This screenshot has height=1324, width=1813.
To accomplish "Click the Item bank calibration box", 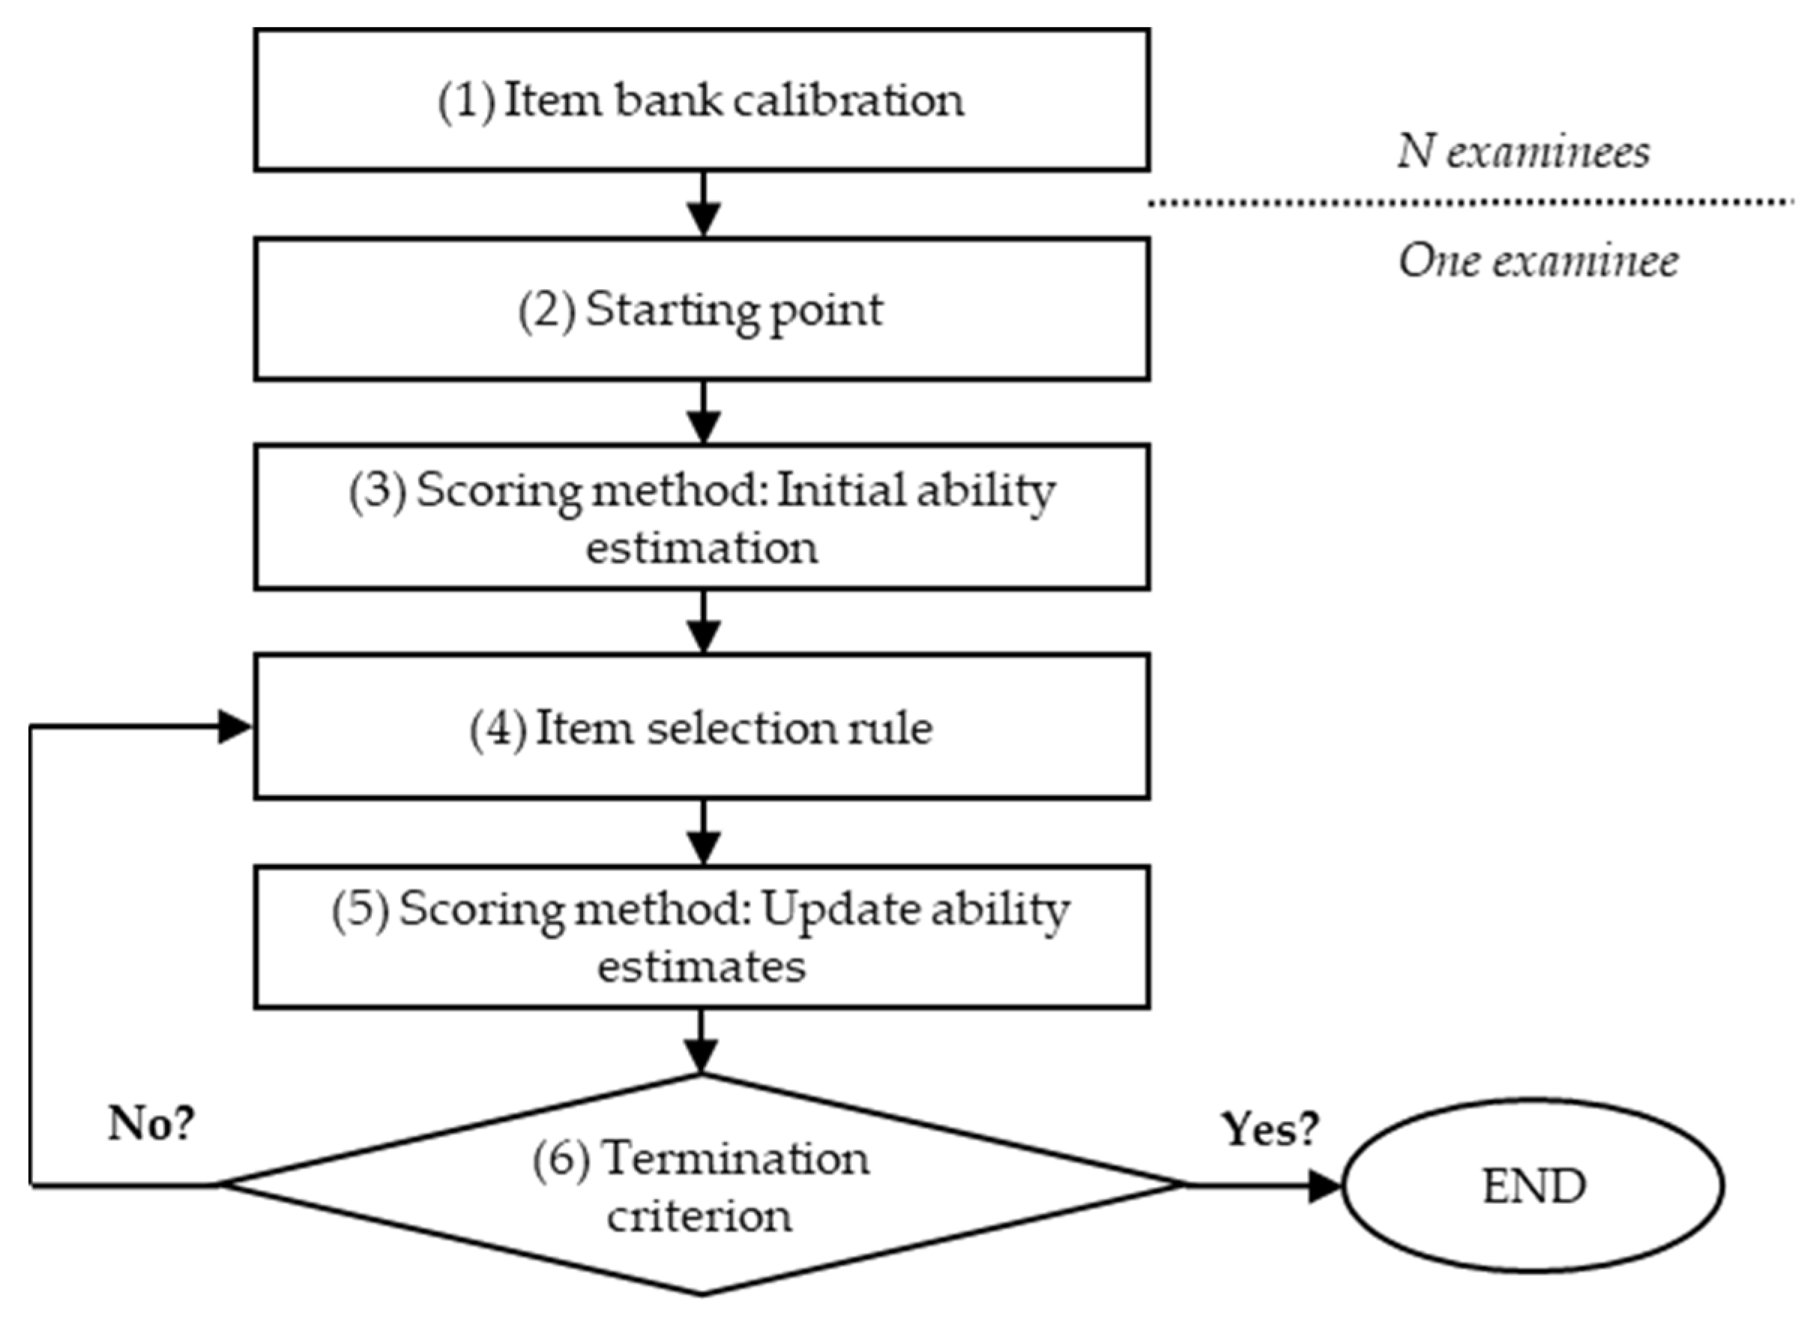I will (702, 100).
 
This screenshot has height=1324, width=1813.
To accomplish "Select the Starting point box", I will (702, 309).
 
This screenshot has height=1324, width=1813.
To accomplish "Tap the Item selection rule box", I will (702, 727).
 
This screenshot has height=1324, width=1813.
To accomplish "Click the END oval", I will (1533, 1185).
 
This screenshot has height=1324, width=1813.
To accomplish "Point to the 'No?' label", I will (151, 1124).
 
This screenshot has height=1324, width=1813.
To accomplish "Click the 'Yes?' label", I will (1270, 1128).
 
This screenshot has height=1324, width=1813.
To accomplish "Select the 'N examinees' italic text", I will (1524, 151).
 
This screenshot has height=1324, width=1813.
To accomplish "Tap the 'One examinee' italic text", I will (1538, 262).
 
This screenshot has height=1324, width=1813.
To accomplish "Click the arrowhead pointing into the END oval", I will (1326, 1185).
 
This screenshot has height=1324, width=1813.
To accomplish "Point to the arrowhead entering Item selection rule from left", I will (235, 727).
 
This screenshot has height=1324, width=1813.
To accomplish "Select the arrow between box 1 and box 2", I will (703, 205).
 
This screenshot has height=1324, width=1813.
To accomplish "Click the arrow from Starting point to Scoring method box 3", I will (703, 413).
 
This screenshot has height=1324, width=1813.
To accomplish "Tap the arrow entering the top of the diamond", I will (703, 1042).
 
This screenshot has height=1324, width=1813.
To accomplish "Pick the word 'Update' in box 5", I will (831, 910).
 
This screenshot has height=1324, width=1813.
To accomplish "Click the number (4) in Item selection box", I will (498, 729).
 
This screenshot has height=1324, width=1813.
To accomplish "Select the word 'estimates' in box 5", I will (702, 967).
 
